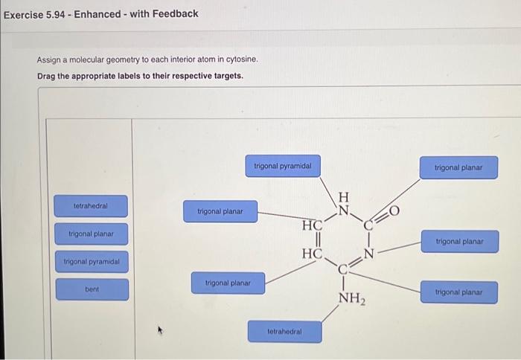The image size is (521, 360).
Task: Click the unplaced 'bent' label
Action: tap(91, 289)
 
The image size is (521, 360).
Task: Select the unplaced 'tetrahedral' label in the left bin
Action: tap(91, 205)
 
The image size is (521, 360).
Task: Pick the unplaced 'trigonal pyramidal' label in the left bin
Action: tap(91, 262)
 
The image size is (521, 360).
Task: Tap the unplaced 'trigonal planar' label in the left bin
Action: tap(91, 234)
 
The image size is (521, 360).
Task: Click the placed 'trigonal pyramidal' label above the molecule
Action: tap(282, 166)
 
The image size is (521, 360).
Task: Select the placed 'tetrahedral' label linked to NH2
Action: tap(285, 331)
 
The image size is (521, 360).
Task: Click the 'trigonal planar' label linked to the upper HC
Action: tap(220, 211)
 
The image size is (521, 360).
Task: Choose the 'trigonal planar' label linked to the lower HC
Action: tap(228, 283)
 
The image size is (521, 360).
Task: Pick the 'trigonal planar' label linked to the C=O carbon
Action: tap(458, 168)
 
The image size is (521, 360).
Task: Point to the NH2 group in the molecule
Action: tap(352, 299)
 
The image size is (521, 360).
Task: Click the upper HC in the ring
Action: tap(312, 225)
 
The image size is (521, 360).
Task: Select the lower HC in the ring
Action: tap(312, 254)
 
